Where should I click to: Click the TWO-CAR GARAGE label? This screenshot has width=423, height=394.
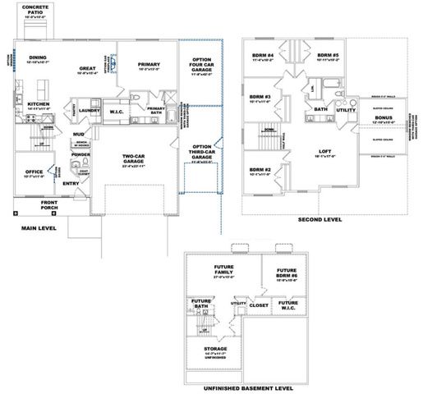[x=134, y=157]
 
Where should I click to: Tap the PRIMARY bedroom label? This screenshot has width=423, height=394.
[x=149, y=64]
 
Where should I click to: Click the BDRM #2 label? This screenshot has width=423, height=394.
[x=261, y=170]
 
